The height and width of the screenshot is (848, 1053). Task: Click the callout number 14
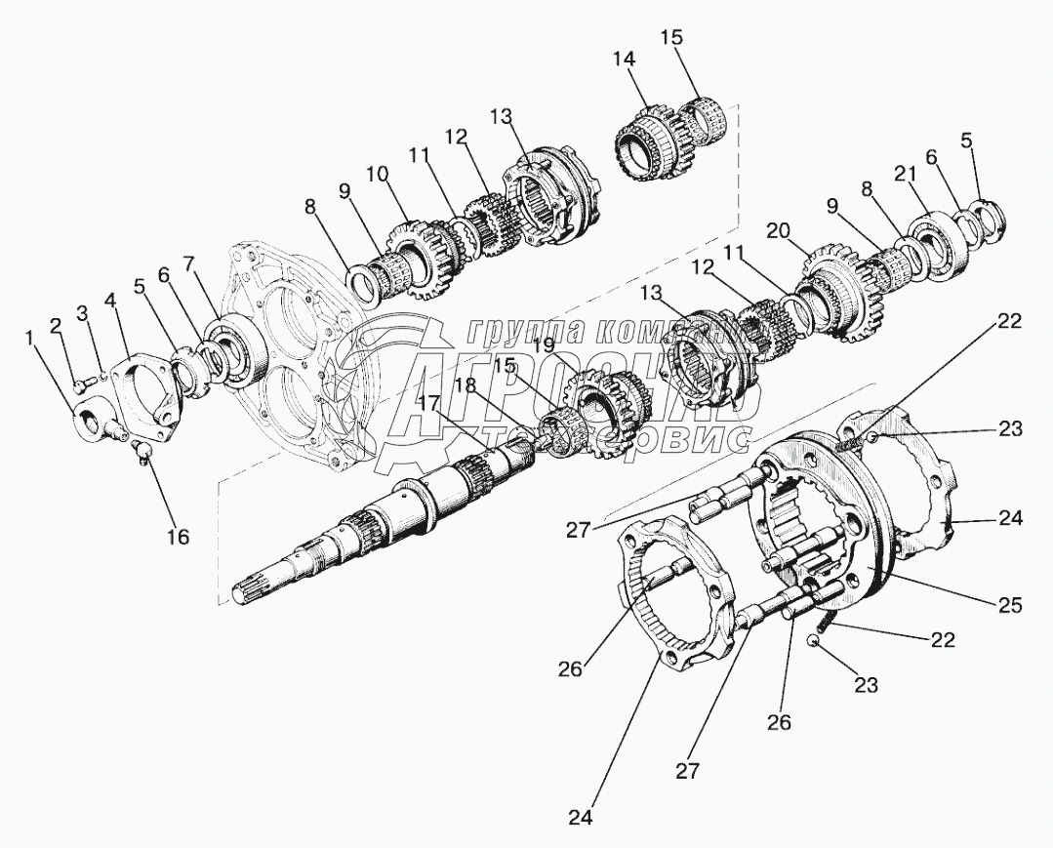coord(625,61)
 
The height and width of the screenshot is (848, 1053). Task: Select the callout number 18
coord(466,386)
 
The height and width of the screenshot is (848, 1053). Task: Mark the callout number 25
coord(1008,606)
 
